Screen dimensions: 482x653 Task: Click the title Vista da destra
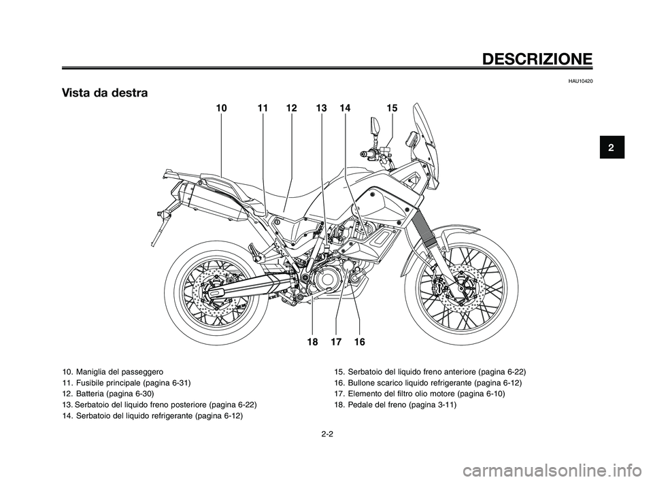pos(105,92)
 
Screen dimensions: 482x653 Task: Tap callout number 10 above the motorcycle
pos(222,108)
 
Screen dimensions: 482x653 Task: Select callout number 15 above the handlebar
pos(392,108)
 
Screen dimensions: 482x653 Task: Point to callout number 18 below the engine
pos(312,343)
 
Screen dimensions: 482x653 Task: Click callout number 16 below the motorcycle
pos(359,343)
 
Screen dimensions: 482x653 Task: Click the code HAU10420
pos(578,82)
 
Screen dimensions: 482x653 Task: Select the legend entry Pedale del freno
pos(395,404)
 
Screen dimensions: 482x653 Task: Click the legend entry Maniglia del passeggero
pos(112,373)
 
